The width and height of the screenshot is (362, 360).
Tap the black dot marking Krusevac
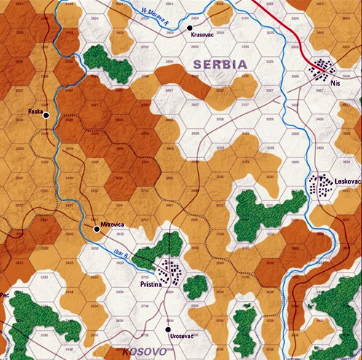[190, 28]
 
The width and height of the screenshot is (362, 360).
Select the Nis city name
[335, 84]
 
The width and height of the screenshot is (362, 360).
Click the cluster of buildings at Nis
[320, 70]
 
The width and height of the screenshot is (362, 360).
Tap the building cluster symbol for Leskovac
[320, 185]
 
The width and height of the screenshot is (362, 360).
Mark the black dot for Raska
[46, 115]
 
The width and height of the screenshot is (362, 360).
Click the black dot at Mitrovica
[97, 229]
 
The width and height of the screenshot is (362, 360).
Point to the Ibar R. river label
[121, 256]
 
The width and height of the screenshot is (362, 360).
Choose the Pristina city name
[152, 278]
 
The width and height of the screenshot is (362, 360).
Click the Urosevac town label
[181, 335]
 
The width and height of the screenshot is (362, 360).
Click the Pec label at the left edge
[4, 295]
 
